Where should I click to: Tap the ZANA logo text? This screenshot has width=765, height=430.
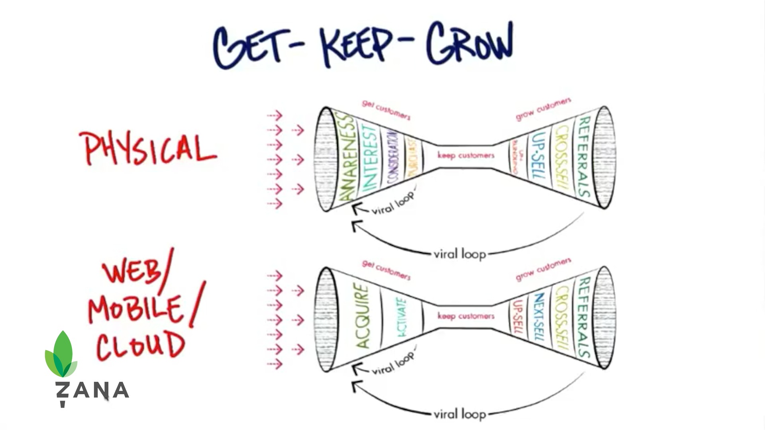(92, 391)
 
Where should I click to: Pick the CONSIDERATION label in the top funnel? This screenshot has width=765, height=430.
(393, 158)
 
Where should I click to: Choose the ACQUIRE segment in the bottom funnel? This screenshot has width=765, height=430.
(362, 316)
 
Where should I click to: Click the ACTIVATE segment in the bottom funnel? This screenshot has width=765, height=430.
(402, 318)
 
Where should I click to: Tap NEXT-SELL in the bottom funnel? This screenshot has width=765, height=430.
(538, 317)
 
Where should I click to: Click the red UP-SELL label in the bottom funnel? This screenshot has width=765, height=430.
(518, 317)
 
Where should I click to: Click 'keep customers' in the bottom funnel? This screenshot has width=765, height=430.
(466, 316)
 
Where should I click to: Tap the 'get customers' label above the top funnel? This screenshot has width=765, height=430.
(386, 109)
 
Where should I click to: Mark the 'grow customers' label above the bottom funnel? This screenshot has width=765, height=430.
(543, 270)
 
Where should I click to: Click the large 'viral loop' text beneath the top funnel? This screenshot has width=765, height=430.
(460, 254)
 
